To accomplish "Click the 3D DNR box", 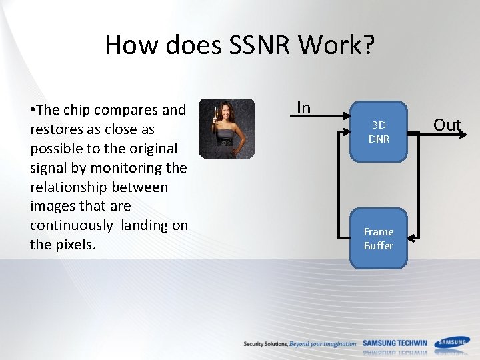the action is (379, 132).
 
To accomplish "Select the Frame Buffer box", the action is (378, 239).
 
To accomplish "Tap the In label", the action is (303, 107).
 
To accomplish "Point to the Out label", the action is (447, 125).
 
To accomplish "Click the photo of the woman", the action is (227, 129).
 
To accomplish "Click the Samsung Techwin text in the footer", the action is (395, 343).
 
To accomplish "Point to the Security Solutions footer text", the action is (265, 344).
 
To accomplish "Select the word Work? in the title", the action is (337, 45).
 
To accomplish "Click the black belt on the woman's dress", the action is (225, 141).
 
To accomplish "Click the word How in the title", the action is (129, 45).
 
